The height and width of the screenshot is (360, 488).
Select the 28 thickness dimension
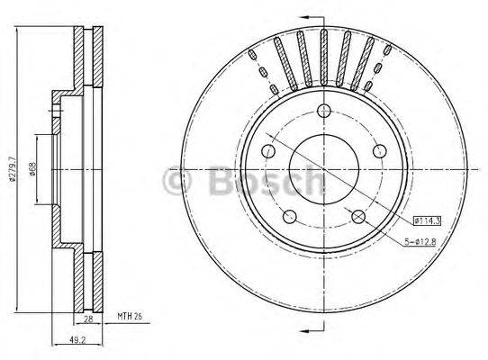[x=89, y=319]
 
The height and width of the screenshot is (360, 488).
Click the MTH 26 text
[x=131, y=317]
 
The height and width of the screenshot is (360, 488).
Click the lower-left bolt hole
[x=290, y=215]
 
